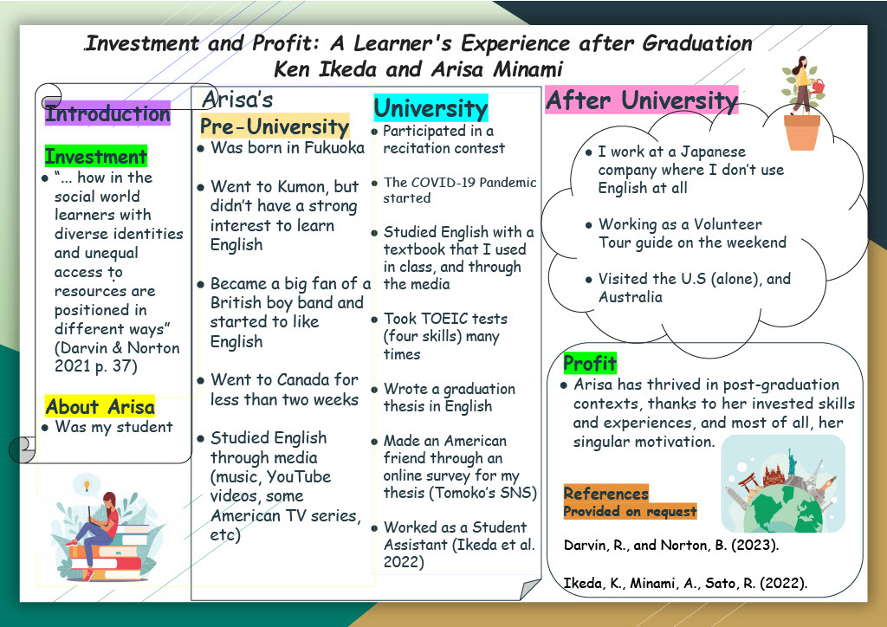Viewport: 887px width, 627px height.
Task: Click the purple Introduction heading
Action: [107, 113]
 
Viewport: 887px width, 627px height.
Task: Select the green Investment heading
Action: [95, 156]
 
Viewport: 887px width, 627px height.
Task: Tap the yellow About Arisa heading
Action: [100, 406]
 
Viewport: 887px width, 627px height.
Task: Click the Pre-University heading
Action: [275, 126]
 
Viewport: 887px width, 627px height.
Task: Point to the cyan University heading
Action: [431, 108]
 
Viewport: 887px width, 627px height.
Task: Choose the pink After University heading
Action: [642, 100]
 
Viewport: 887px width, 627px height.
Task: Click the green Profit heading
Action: [590, 363]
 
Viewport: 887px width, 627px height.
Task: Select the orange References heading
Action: [605, 494]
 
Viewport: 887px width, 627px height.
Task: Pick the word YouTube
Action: [299, 476]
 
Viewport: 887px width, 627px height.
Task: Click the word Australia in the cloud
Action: [631, 297]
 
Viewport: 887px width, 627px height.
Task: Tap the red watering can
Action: [818, 86]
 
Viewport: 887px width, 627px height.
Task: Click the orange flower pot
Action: [801, 133]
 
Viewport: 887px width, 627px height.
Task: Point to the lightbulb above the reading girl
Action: [87, 484]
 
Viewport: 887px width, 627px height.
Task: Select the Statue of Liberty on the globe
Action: [792, 462]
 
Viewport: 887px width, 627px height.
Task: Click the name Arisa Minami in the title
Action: [496, 69]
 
